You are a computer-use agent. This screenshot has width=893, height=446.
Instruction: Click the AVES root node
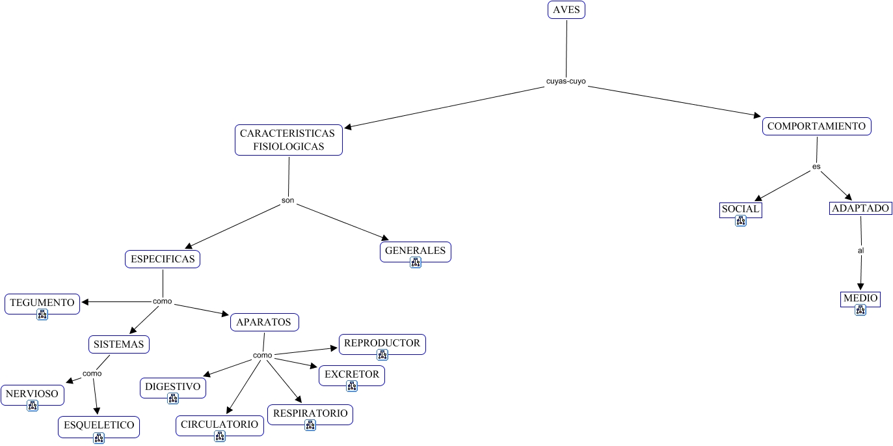coord(566,10)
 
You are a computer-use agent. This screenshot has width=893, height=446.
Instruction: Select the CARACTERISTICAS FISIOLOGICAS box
coord(288,140)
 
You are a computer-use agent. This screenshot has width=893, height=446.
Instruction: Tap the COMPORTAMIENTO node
coord(816,126)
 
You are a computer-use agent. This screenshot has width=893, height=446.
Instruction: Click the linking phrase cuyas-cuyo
coord(566,81)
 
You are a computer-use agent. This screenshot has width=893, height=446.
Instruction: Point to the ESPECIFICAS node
coord(163,259)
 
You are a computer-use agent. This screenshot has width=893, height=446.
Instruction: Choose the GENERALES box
coord(415,251)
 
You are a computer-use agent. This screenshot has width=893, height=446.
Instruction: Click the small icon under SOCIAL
coord(740,221)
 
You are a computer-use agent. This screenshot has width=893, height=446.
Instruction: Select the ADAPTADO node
coord(860,209)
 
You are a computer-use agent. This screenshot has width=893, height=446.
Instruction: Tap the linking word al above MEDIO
coord(860,250)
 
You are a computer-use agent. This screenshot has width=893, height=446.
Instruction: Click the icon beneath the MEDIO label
coord(860,310)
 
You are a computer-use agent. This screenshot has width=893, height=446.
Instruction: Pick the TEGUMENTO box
coord(42,303)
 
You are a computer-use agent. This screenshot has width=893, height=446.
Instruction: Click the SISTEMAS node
coord(119,344)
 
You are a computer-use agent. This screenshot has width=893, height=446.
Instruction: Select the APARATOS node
coord(264,322)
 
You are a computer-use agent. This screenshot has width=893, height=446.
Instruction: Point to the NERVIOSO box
coord(33,394)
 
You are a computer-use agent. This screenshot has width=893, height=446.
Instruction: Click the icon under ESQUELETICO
coord(99,438)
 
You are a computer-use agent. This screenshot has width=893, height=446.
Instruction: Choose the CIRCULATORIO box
coord(220,425)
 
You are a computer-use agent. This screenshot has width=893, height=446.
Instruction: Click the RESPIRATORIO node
coord(310,413)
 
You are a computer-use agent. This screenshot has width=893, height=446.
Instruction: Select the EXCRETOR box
coord(352,374)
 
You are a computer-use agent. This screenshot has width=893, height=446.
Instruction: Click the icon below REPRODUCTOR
coord(382,355)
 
